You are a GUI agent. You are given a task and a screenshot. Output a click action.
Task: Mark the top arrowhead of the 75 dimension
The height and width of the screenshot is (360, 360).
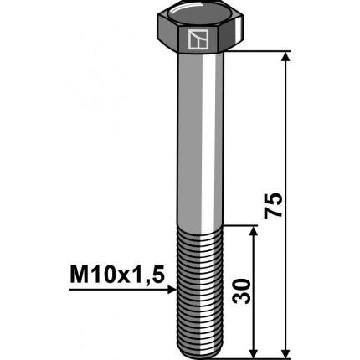coord(286,58)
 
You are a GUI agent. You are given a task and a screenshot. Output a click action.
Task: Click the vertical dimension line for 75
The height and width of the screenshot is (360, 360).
coord(286,126)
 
